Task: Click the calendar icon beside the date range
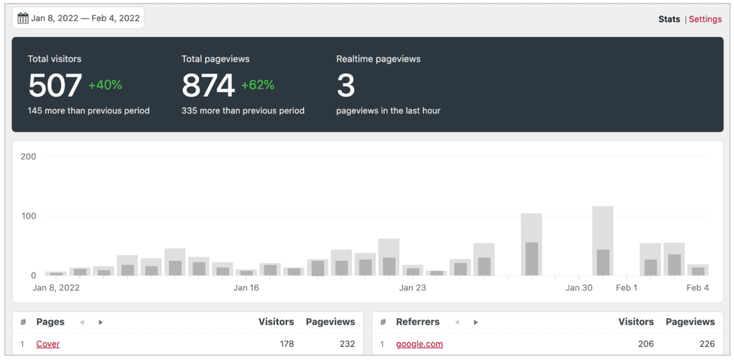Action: (x=23, y=19)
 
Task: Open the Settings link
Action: (x=705, y=19)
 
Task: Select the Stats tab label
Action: (x=669, y=19)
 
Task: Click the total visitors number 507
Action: (x=54, y=86)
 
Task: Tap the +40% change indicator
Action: (x=105, y=85)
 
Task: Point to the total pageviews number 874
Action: (x=208, y=86)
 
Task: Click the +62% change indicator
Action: (x=258, y=85)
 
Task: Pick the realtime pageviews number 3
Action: (x=345, y=86)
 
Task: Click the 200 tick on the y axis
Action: (x=29, y=156)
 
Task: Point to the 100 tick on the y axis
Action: (x=29, y=216)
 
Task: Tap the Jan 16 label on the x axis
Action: (x=245, y=288)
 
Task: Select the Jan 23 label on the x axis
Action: (x=412, y=288)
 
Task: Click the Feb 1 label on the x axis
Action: (x=626, y=288)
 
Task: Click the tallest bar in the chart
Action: (x=603, y=240)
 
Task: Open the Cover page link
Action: (x=48, y=344)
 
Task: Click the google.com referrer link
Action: (x=419, y=344)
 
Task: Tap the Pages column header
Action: (x=50, y=322)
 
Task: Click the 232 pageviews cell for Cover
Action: (x=347, y=344)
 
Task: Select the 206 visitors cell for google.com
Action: (x=646, y=344)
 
